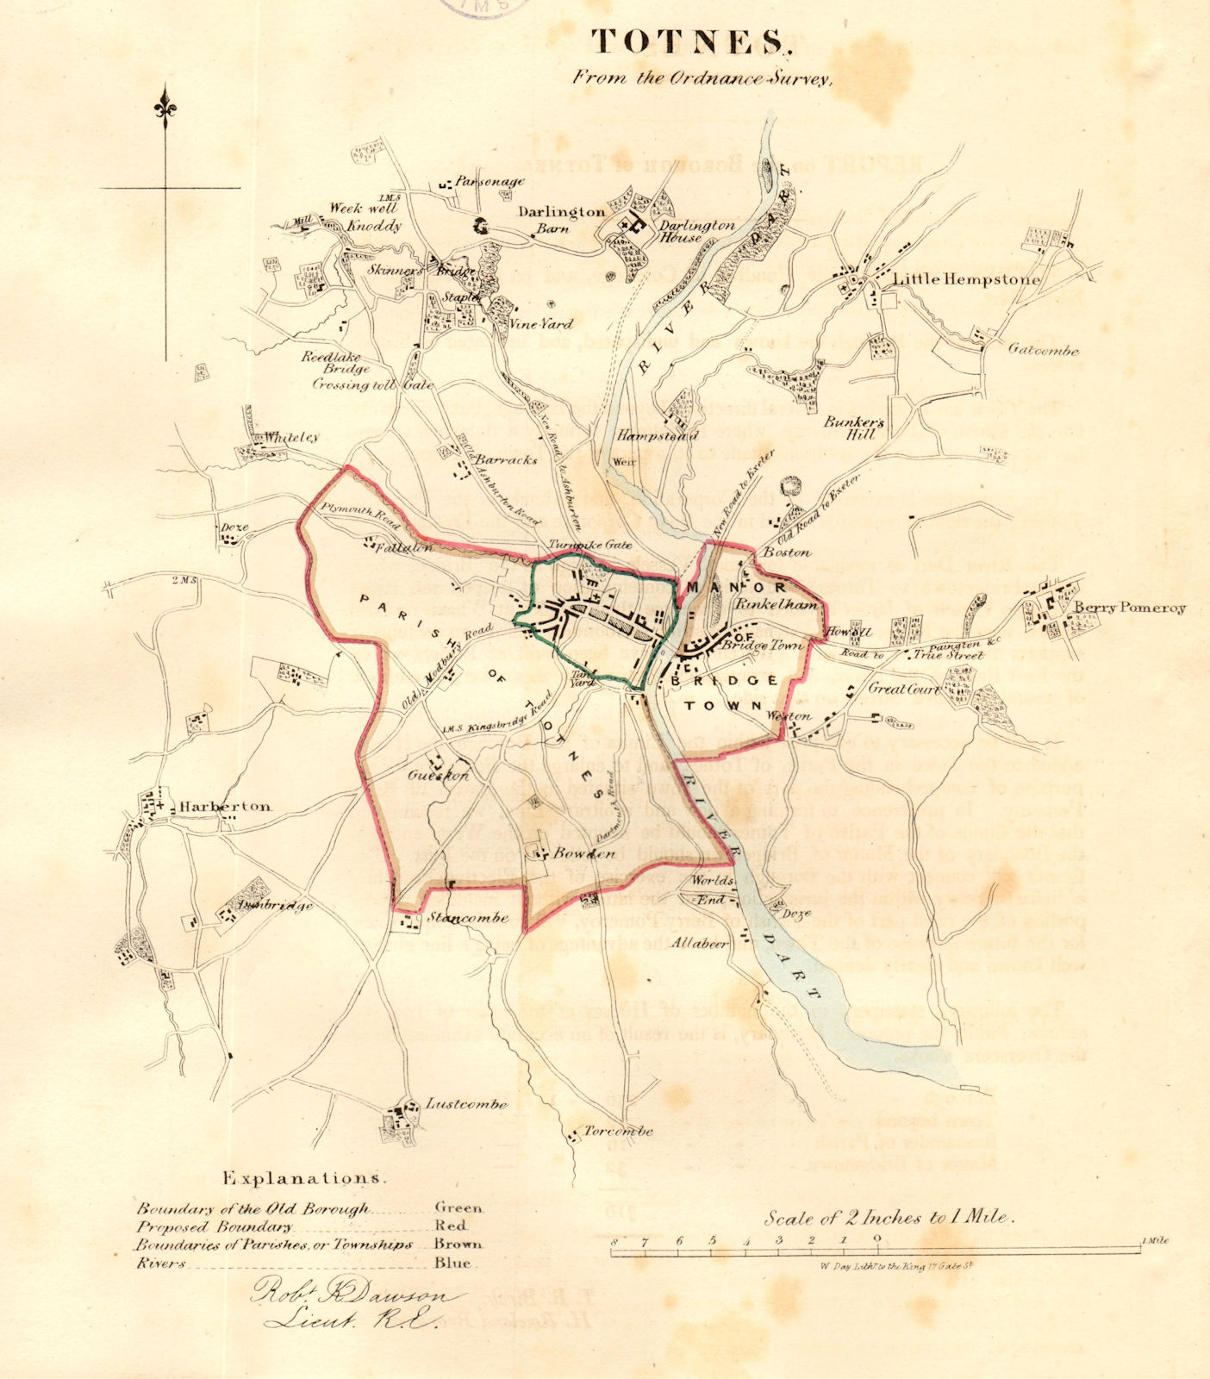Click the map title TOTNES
pyautogui.click(x=688, y=41)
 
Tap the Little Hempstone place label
pyautogui.click(x=966, y=278)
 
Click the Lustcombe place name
pyautogui.click(x=466, y=1104)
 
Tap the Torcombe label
pyautogui.click(x=618, y=1131)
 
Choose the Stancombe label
pyautogui.click(x=468, y=917)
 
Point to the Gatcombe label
pyautogui.click(x=1044, y=350)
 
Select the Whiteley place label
pyautogui.click(x=291, y=437)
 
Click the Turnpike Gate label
pyautogui.click(x=590, y=545)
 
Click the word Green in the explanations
pyautogui.click(x=458, y=1207)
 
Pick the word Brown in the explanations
pyautogui.click(x=458, y=1244)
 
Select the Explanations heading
pyautogui.click(x=302, y=1177)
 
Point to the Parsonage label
pyautogui.click(x=490, y=182)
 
